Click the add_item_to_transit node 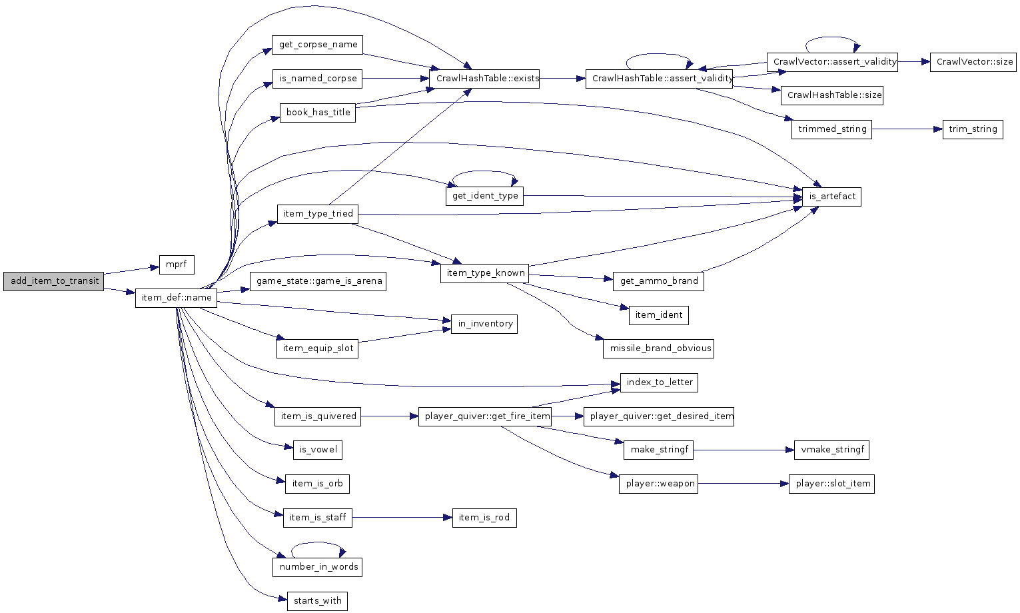54,281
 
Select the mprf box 177,265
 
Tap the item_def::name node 177,298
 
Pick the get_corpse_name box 317,45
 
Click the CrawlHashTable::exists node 484,79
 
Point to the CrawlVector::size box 973,62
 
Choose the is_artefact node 832,197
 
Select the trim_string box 973,129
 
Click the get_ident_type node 484,197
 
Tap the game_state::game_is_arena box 318,281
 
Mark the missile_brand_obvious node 658,348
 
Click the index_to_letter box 659,382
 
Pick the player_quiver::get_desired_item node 659,416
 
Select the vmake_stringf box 831,450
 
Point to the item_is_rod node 484,518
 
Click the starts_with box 317,601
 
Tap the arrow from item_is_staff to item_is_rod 402,518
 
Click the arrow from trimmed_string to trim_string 907,129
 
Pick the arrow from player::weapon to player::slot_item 743,484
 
